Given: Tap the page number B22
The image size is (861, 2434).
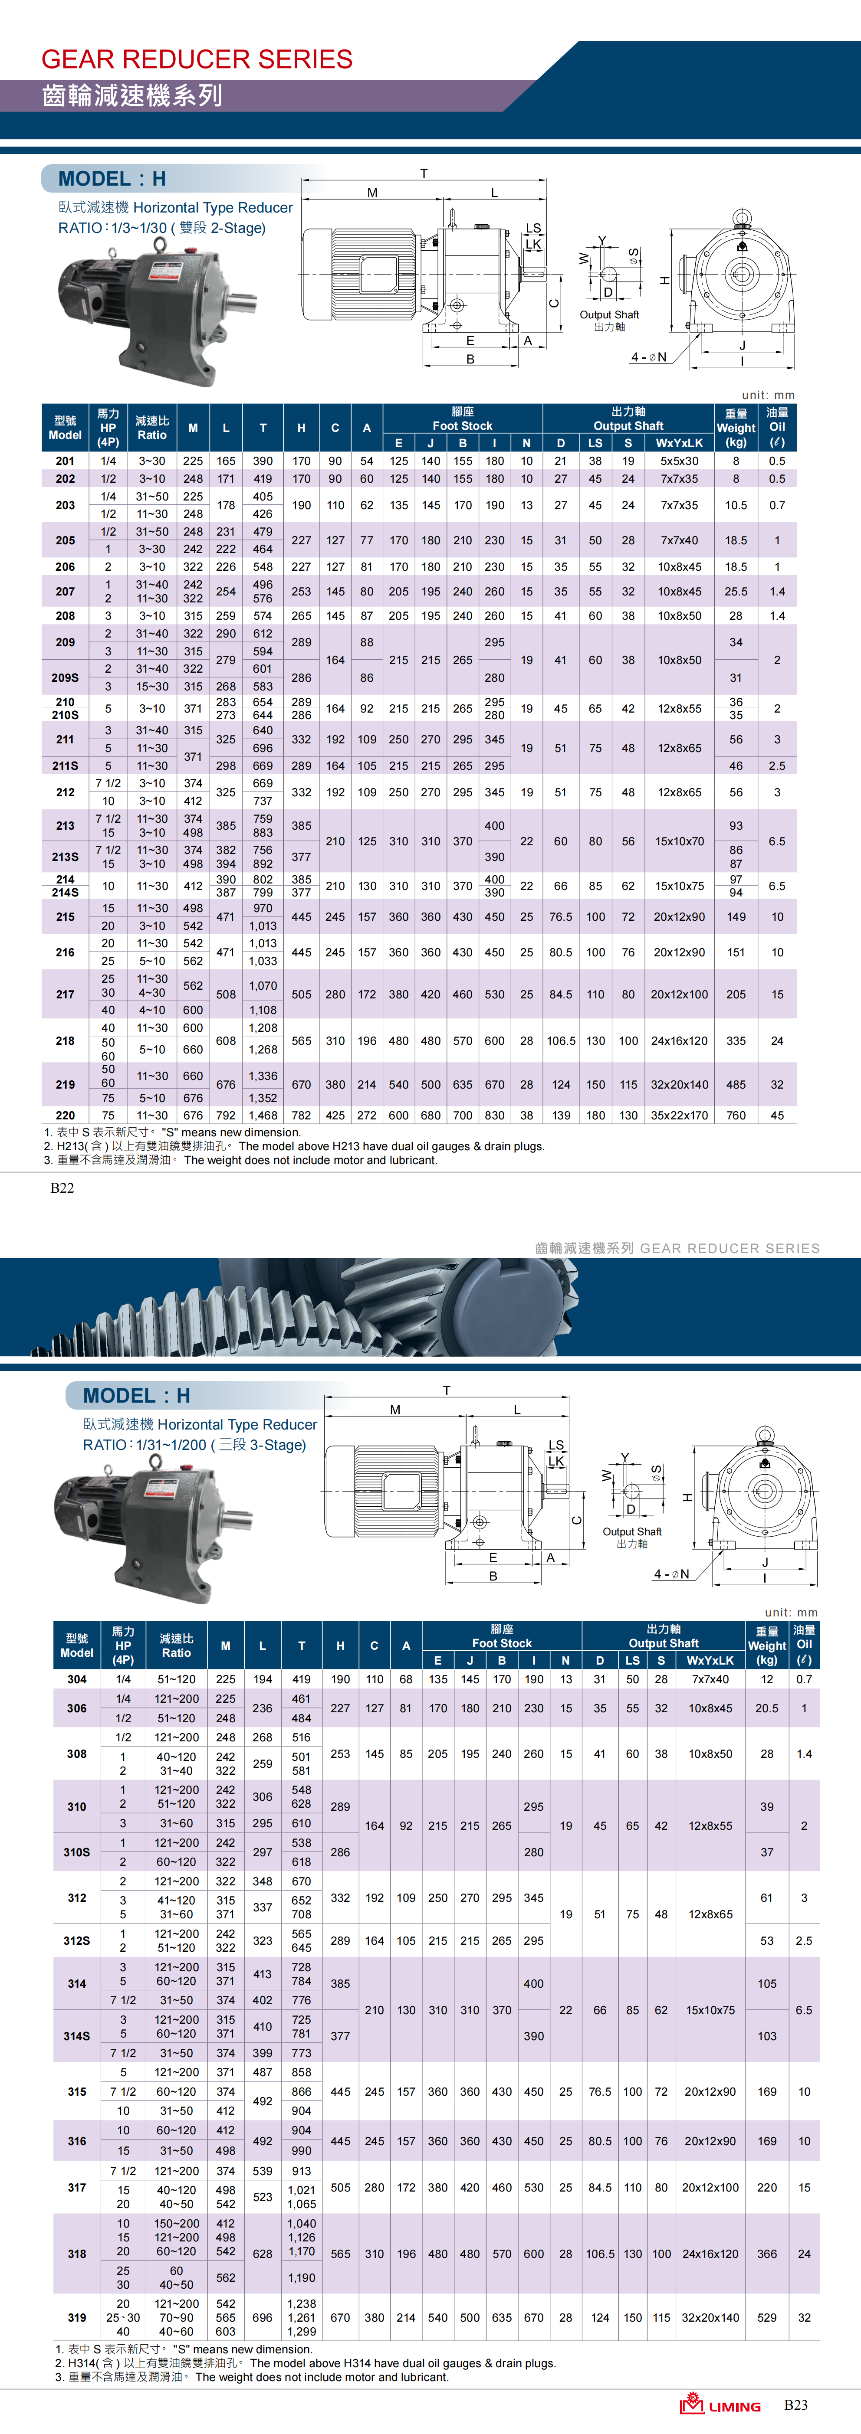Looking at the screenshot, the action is (x=62, y=1188).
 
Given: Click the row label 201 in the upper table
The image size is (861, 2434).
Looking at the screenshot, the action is (x=65, y=461).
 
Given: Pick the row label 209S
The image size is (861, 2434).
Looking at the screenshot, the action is (x=65, y=677).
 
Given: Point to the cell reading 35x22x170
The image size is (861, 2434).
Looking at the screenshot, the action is (x=680, y=1115).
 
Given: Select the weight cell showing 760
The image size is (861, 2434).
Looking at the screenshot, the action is (x=736, y=1115).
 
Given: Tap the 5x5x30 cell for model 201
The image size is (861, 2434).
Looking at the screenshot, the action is (x=680, y=461).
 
